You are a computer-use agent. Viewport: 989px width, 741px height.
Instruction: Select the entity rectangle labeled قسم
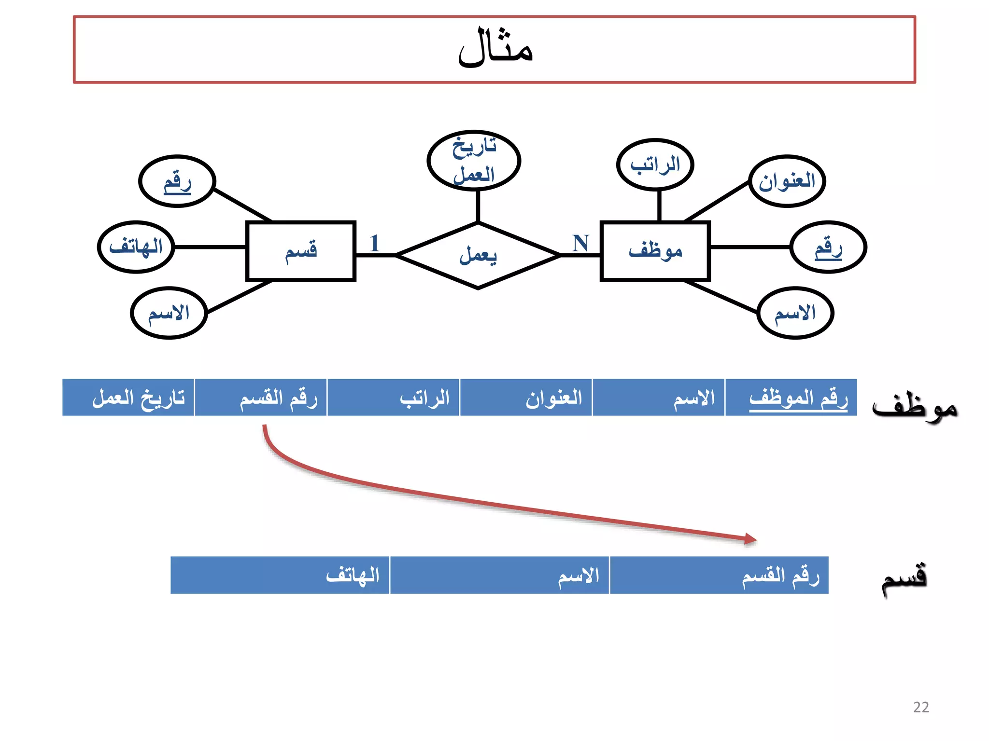point(300,251)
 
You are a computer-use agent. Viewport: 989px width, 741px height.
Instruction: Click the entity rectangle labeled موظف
point(655,251)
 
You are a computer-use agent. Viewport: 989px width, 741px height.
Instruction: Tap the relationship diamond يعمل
point(478,255)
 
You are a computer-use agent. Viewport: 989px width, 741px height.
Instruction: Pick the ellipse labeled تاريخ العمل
point(474,161)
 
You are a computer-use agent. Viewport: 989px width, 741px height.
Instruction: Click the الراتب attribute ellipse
point(655,165)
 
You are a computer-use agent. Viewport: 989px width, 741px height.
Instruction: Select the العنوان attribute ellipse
point(787,181)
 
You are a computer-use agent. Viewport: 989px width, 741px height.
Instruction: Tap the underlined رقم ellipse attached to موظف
point(828,247)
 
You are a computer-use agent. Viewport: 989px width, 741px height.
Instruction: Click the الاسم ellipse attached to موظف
point(795,313)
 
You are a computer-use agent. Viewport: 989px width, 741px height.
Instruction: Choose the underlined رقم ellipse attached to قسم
point(177,181)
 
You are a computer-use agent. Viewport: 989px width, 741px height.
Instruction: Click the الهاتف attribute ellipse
point(136,247)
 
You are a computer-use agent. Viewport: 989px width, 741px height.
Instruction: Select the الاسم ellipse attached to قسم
point(169,313)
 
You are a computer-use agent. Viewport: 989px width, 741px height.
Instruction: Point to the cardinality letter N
point(580,243)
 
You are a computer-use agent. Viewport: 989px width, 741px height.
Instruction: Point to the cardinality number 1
point(375,243)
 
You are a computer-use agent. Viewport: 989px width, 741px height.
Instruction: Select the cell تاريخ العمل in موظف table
point(128,398)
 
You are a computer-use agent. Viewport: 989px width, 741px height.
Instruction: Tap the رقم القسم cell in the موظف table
point(261,398)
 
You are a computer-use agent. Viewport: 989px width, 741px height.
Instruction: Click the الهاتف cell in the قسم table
point(280,575)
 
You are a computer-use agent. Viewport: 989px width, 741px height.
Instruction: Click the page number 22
point(921,707)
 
